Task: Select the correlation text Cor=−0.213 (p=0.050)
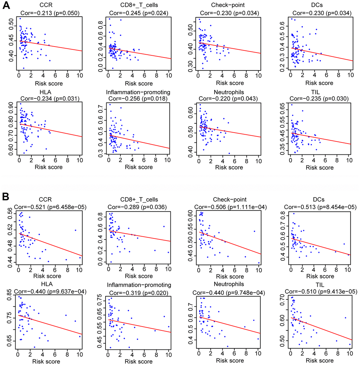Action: [49, 13]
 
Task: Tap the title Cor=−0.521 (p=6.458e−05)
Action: [49, 207]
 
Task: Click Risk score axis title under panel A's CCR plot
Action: [49, 84]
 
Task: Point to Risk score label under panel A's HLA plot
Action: [49, 167]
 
